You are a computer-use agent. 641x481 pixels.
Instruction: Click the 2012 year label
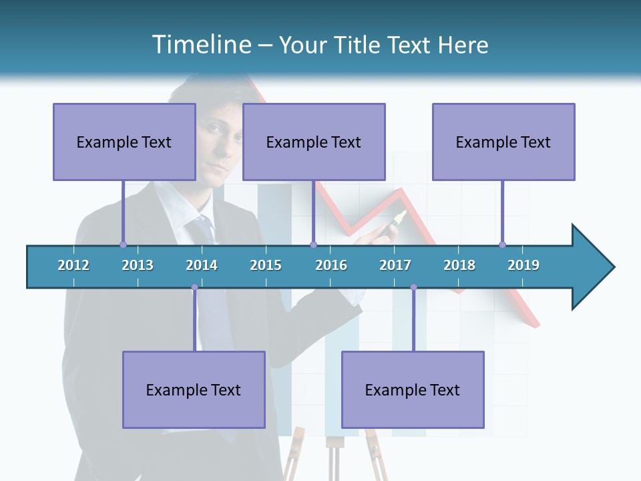click(x=73, y=265)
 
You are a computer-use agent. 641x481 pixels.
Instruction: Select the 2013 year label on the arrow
click(x=138, y=265)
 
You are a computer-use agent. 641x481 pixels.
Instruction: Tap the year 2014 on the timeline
click(x=202, y=265)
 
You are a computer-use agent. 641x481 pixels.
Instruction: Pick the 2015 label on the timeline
click(x=266, y=265)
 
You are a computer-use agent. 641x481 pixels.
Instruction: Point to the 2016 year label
click(x=331, y=265)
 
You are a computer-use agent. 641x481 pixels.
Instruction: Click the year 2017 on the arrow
click(x=395, y=265)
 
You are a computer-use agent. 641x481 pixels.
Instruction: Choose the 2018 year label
click(x=459, y=265)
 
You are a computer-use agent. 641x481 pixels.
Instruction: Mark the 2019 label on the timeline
click(x=523, y=265)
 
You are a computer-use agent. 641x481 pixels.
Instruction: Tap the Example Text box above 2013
click(x=124, y=142)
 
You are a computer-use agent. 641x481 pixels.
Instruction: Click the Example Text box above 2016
click(x=314, y=142)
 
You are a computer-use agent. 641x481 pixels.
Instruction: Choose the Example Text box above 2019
click(x=503, y=142)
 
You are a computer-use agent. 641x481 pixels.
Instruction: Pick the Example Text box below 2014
click(x=194, y=389)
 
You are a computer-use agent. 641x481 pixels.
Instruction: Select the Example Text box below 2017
click(x=413, y=389)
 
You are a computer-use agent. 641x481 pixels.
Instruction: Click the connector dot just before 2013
click(x=123, y=245)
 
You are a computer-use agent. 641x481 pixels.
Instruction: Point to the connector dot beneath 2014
click(x=194, y=287)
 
